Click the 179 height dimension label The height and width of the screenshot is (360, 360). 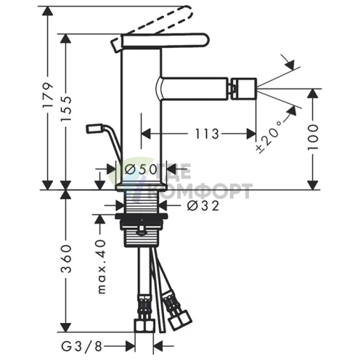pos(47,99)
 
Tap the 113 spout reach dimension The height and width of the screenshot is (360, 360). pos(207,134)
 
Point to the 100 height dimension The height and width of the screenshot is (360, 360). pos(313,137)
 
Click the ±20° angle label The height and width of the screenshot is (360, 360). pos(269,136)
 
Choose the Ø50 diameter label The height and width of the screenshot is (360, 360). pos(141,169)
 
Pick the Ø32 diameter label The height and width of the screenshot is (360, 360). pos(203,205)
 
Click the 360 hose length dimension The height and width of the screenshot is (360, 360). pos(66,258)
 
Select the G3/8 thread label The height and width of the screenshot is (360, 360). pos(81,347)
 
